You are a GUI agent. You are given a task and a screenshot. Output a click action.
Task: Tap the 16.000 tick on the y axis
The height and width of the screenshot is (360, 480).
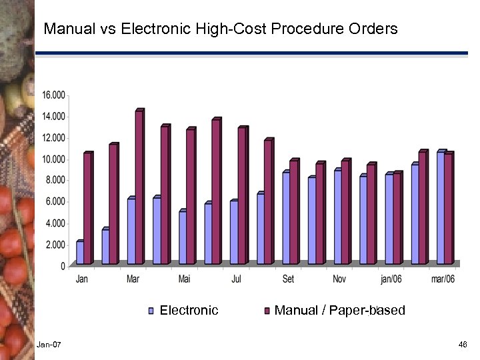[x=54, y=95]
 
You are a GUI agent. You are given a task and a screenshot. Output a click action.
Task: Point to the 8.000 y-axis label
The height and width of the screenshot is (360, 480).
[x=55, y=180]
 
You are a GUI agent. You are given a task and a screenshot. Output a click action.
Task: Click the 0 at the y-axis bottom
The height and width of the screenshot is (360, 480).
[x=63, y=266]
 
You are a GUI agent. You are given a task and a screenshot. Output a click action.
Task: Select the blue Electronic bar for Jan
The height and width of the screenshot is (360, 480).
[x=80, y=252]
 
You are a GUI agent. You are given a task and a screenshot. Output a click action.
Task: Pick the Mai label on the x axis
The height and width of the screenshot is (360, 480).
[x=184, y=279]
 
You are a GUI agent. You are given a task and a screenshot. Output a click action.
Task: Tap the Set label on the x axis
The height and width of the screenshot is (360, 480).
[x=288, y=279]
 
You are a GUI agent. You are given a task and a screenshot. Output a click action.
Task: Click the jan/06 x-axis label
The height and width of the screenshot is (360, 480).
[x=391, y=279]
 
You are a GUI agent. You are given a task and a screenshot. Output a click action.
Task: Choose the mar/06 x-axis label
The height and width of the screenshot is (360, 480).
[x=443, y=279]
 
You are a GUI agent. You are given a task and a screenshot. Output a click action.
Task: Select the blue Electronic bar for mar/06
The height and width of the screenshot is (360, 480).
[x=441, y=209]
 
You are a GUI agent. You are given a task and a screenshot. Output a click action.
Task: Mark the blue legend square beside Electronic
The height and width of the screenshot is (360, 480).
[x=151, y=311]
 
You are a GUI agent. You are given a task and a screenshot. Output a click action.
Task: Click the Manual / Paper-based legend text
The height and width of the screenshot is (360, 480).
[x=339, y=311]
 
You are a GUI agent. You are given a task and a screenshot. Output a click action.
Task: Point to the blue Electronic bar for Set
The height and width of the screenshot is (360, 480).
[x=286, y=219]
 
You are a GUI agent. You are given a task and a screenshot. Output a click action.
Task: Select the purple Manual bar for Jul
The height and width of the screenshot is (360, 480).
[x=242, y=196]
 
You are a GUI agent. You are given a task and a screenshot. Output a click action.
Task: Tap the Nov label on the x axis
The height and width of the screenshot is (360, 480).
[x=339, y=279]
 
